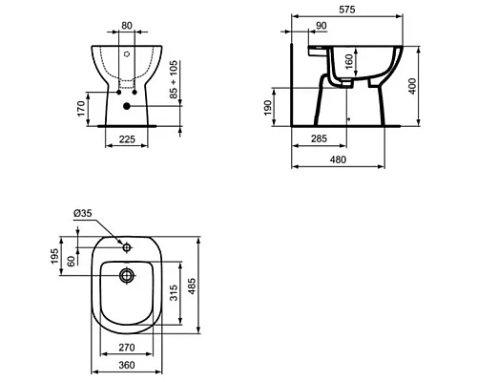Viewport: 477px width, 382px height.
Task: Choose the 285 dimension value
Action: [320, 139]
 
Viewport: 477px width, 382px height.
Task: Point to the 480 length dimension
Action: [339, 160]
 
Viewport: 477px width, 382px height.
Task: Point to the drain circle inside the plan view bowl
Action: [128, 276]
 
